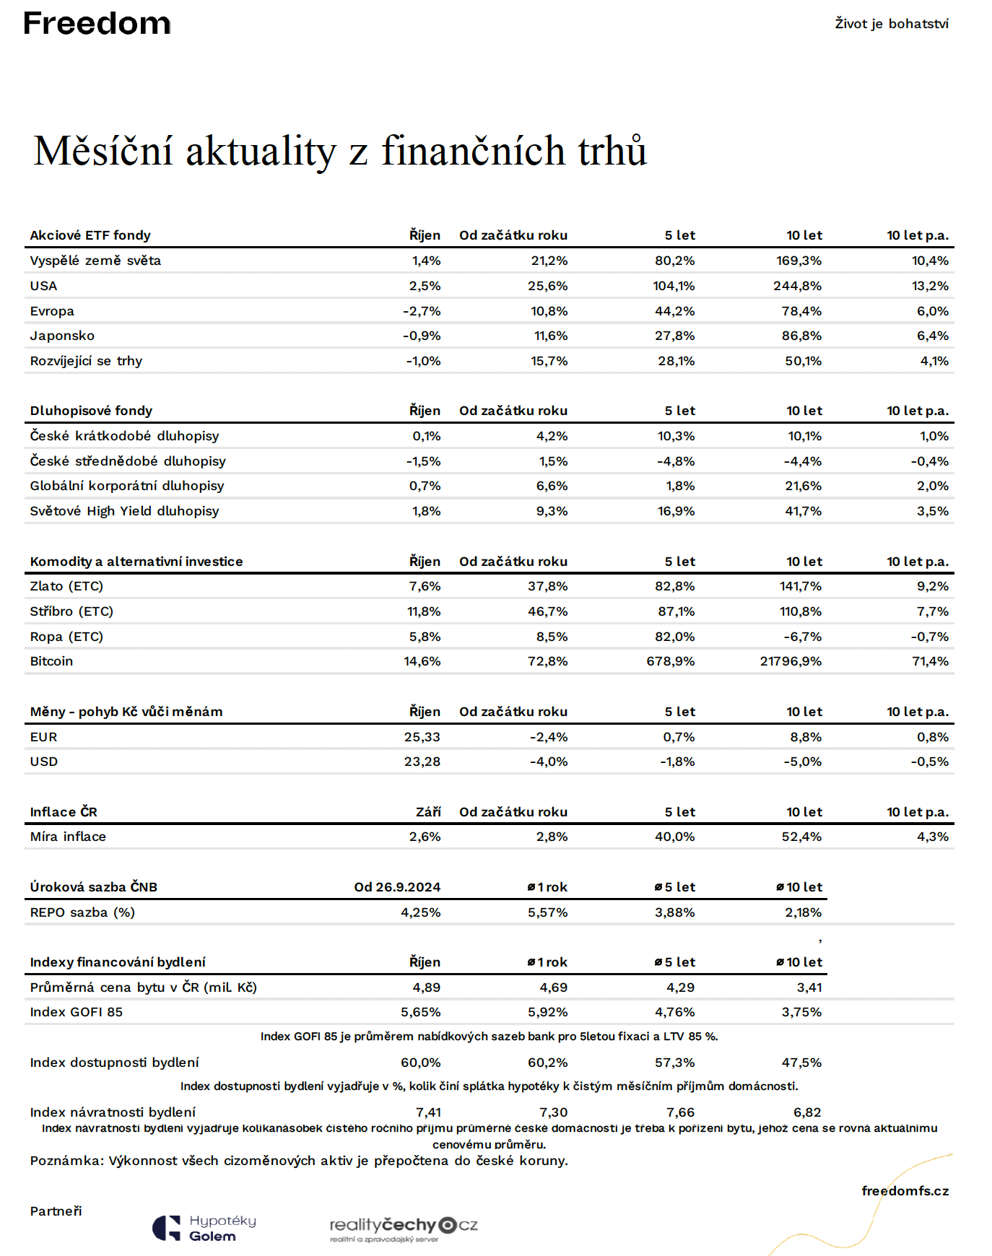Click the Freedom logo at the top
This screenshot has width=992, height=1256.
(97, 23)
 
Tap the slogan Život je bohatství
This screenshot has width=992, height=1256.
(892, 24)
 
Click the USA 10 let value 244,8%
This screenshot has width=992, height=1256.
(797, 286)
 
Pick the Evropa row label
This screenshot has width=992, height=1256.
(52, 311)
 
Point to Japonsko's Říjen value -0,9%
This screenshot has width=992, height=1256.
(422, 336)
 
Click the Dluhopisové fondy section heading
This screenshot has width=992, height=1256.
(91, 411)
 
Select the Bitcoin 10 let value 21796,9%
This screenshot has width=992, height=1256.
(791, 661)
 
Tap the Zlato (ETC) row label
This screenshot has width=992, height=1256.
(66, 586)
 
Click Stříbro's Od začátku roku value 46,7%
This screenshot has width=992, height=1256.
(547, 611)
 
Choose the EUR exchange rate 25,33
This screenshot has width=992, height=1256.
(422, 737)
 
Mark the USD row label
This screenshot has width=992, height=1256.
(44, 762)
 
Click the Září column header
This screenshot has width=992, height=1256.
(428, 812)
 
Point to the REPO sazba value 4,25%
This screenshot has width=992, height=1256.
(421, 912)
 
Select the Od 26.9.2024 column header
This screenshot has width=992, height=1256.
(397, 887)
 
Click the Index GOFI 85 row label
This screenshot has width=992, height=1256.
(77, 1012)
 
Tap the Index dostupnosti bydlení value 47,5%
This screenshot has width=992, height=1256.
(801, 1063)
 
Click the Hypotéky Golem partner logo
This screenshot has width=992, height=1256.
(204, 1228)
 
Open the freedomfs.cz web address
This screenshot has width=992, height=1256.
(905, 1191)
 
